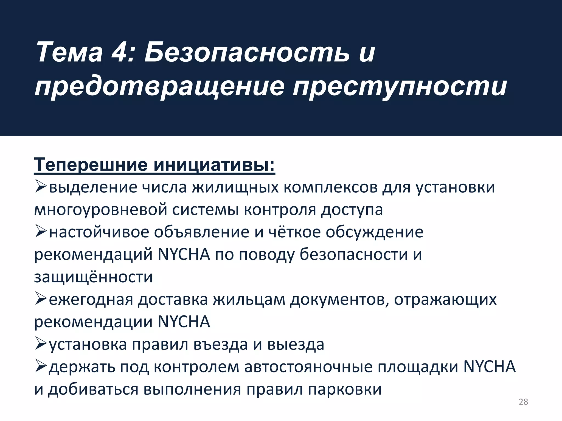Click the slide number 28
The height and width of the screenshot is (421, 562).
(523, 402)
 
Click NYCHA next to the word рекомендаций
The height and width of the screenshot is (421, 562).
(184, 254)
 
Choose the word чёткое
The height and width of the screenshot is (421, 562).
(294, 232)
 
